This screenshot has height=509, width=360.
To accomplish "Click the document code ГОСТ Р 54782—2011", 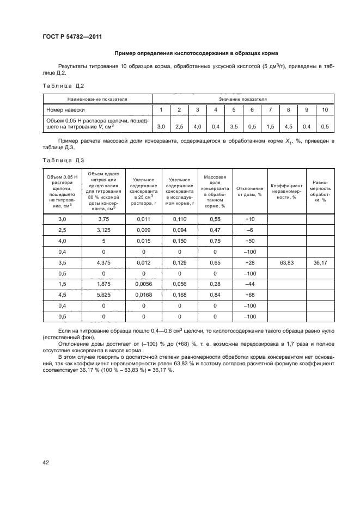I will [x=72, y=37].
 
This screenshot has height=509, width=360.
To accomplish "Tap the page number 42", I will [x=46, y=462].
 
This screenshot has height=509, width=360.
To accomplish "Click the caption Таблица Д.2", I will [x=63, y=86].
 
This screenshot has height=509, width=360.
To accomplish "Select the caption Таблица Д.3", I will [x=63, y=160].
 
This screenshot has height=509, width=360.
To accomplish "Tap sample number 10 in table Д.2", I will [x=325, y=110].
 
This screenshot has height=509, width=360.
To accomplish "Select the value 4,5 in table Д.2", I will [x=289, y=126].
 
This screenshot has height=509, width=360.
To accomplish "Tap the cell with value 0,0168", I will [x=144, y=295].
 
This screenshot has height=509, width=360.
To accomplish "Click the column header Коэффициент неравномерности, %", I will [x=286, y=191].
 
